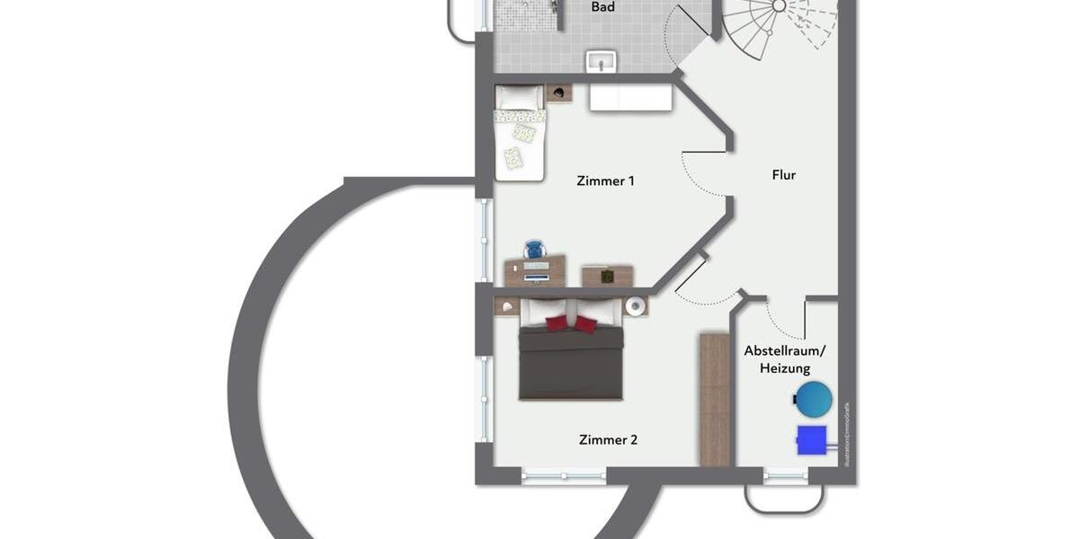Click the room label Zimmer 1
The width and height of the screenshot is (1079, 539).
tap(605, 181)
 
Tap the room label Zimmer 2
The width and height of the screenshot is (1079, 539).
tap(608, 439)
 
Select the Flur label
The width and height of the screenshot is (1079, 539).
tap(783, 175)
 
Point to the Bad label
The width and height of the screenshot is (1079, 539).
tap(602, 7)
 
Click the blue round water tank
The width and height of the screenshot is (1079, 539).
tap(814, 399)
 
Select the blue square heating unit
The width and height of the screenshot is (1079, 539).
tap(811, 439)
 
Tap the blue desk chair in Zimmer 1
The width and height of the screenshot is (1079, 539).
tap(534, 249)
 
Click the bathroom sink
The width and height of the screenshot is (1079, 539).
tap(602, 61)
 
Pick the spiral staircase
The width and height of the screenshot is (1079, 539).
tap(779, 22)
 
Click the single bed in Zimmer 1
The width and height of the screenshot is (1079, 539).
tap(520, 135)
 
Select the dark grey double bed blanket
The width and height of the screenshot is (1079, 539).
tap(571, 364)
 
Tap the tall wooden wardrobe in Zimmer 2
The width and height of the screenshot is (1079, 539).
tap(715, 399)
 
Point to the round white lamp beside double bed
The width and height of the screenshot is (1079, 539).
tap(637, 306)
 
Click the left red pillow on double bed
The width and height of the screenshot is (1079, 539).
tap(557, 323)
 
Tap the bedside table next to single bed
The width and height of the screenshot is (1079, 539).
tap(559, 93)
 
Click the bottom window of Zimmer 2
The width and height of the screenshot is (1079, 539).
tap(564, 476)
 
